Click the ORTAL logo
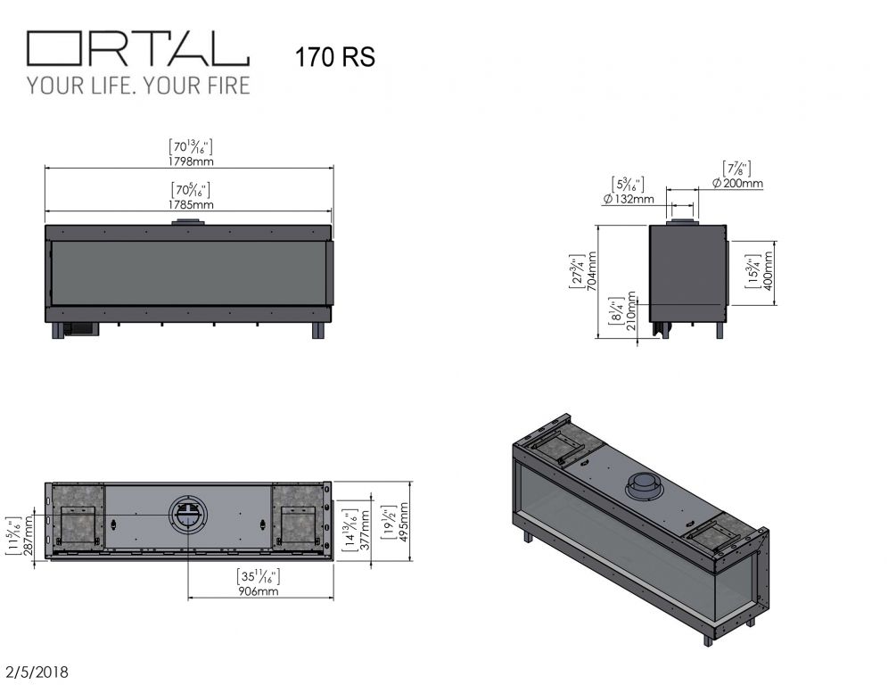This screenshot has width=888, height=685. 138,48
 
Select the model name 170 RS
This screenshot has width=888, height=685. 334,57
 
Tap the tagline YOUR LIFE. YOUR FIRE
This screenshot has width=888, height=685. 138,86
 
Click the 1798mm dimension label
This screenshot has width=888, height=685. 191,161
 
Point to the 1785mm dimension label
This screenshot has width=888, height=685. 191,204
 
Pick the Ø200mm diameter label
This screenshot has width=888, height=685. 737,183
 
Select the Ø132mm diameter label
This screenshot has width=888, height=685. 629,199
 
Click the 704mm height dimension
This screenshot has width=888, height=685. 591,271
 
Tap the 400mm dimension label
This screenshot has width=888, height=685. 768,271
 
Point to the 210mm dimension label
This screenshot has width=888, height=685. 631,311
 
